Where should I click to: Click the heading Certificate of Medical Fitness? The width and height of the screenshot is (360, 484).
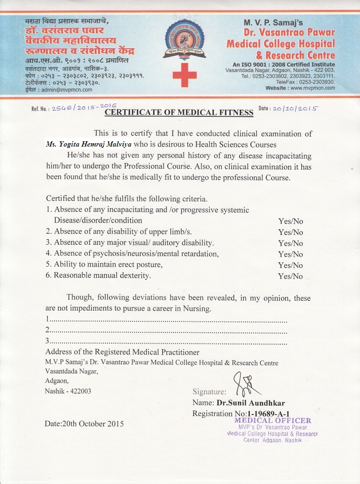pyautogui.click(x=179, y=112)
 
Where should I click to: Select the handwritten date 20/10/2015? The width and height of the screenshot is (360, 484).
pyautogui.click(x=295, y=108)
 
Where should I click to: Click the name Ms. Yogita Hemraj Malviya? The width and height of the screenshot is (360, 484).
pyautogui.click(x=89, y=144)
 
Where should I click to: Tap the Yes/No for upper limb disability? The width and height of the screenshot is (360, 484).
pyautogui.click(x=290, y=232)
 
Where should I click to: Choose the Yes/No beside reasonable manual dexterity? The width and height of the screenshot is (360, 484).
pyautogui.click(x=290, y=276)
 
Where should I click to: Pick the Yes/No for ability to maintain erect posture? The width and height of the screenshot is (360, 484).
pyautogui.click(x=290, y=265)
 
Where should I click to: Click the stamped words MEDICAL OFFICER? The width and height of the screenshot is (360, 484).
pyautogui.click(x=273, y=421)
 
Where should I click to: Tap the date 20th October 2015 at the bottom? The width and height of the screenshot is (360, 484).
pyautogui.click(x=84, y=423)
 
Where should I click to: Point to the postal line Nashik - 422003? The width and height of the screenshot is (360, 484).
pyautogui.click(x=68, y=391)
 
